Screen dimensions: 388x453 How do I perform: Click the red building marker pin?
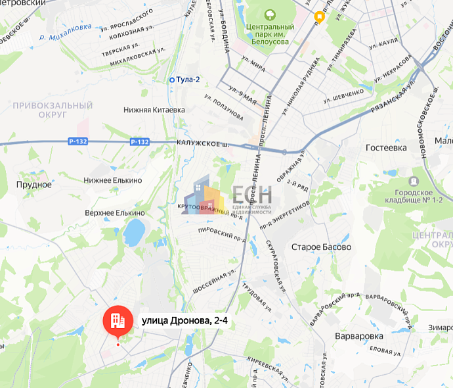pos(118,321)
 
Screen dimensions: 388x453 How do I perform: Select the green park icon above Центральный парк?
pos(269,14)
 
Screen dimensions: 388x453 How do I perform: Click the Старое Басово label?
pos(320,247)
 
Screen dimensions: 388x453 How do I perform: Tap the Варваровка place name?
pos(358,336)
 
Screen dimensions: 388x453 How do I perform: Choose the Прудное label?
pos(34,185)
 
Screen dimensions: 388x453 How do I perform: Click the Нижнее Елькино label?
pos(113,180)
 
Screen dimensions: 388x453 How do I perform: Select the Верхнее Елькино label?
pos(115,213)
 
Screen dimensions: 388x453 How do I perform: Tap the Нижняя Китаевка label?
pos(154,110)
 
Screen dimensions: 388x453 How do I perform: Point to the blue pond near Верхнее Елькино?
pos(135,232)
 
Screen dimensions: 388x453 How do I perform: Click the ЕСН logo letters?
pos(251,195)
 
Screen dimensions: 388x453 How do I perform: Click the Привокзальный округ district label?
pos(53,109)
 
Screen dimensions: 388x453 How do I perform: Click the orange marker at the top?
pos(319,16)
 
